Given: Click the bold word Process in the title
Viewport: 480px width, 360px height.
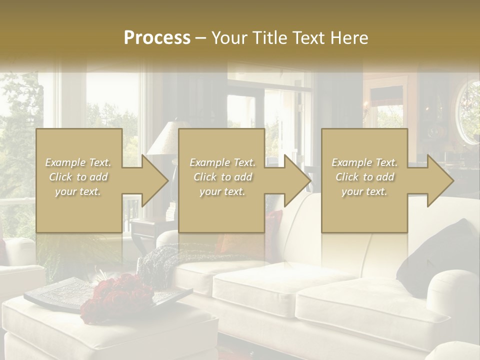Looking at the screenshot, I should point(157,38).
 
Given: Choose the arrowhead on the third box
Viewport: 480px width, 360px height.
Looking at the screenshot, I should point(439,180).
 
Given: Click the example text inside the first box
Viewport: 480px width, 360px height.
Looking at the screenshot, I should point(78,177).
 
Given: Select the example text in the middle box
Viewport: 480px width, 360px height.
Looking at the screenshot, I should point(222,177).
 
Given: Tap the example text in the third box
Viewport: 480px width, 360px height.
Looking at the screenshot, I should point(364,177).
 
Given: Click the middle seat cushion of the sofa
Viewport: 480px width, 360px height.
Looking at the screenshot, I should point(280,285).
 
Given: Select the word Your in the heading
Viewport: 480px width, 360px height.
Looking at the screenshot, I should point(228,38).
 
